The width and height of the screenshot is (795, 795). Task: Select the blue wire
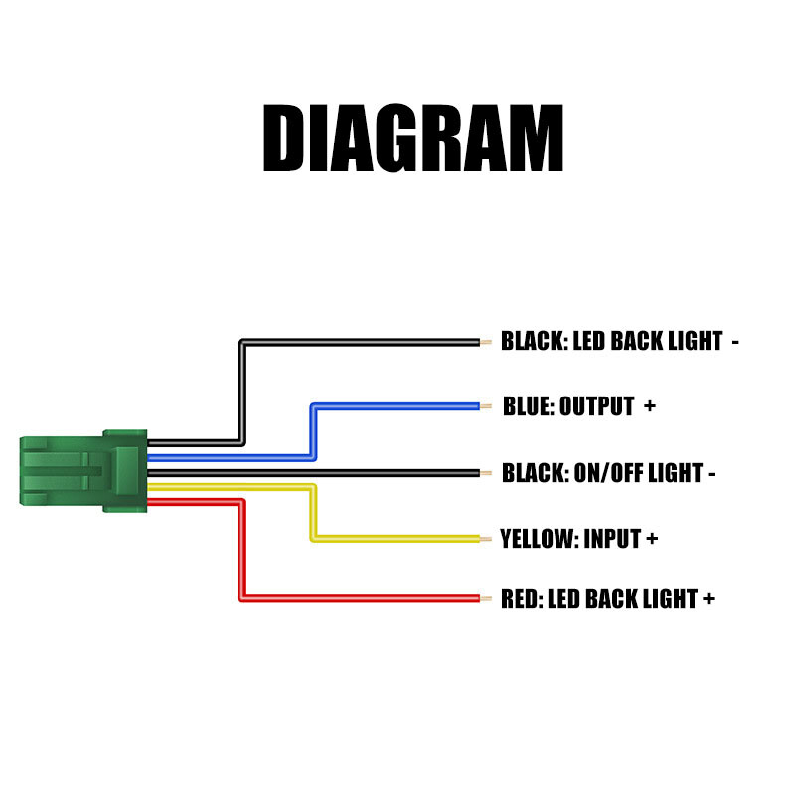(x=397, y=405)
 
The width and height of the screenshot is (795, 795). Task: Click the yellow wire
(x=397, y=539)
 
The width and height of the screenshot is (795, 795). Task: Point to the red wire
(x=358, y=598)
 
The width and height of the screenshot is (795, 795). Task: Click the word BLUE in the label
(x=527, y=406)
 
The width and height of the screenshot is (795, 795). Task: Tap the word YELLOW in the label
(x=538, y=539)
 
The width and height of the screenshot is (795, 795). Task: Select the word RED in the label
(x=520, y=599)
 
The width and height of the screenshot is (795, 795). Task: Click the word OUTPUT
(x=597, y=406)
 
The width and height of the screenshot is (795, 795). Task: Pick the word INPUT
(x=612, y=539)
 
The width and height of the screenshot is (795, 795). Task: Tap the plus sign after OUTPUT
(x=650, y=406)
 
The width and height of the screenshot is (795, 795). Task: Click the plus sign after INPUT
(x=652, y=539)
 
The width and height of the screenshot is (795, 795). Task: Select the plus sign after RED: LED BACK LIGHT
(x=709, y=599)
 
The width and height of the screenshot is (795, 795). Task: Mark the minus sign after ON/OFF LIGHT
(x=712, y=474)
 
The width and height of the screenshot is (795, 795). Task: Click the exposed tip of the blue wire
(x=486, y=405)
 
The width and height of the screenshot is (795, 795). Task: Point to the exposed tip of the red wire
(x=486, y=598)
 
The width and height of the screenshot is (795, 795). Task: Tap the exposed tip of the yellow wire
(x=486, y=539)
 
